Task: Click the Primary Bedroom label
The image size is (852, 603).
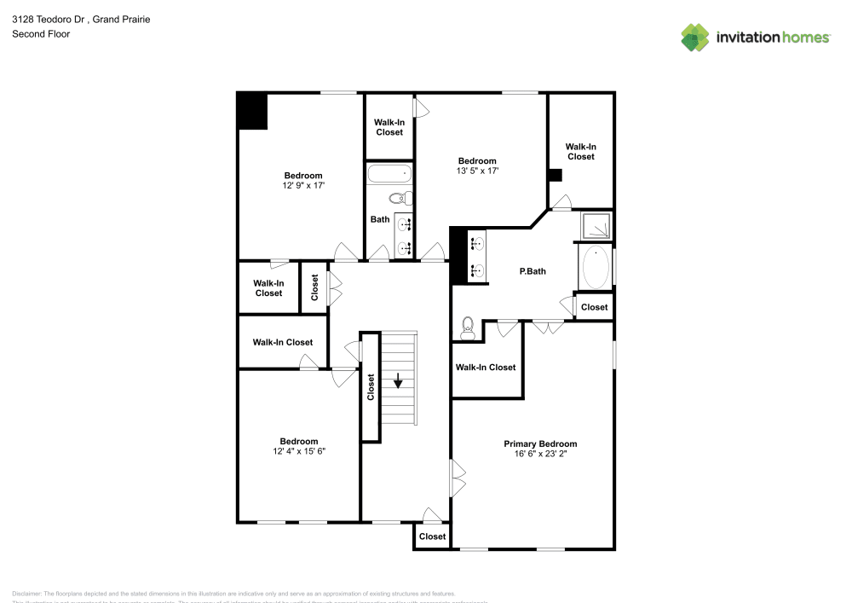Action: (x=540, y=444)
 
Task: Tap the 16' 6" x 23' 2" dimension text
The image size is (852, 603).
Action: (x=540, y=455)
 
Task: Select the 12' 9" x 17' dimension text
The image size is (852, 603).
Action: (x=303, y=185)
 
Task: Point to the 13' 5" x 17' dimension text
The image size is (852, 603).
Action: (x=477, y=171)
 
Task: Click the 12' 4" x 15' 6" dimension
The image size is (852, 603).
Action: (x=299, y=451)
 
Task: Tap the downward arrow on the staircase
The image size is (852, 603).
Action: (x=398, y=380)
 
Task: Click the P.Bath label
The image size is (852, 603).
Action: (x=532, y=272)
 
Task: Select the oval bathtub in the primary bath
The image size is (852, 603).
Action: (x=595, y=267)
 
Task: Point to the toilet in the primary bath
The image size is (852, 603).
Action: (x=466, y=328)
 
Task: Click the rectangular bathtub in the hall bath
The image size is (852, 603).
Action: (x=389, y=175)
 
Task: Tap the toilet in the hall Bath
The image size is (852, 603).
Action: (x=400, y=199)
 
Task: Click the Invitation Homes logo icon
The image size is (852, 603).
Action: (x=694, y=38)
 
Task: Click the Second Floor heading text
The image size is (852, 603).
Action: (x=41, y=34)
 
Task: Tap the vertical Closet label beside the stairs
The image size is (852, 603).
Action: (x=371, y=387)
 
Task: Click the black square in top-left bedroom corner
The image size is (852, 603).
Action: (x=252, y=111)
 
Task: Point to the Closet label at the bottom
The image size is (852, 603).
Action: (x=432, y=536)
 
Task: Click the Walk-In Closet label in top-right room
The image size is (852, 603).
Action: (x=580, y=152)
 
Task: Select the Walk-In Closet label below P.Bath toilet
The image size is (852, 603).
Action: (x=486, y=368)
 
